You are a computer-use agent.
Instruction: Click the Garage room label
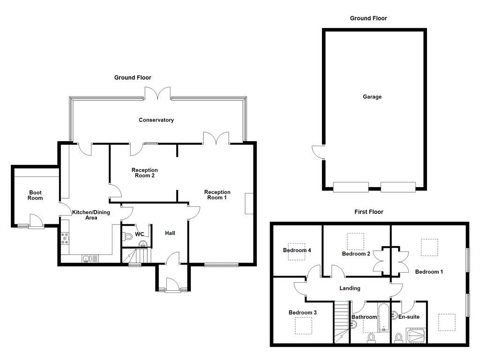tap(372, 97)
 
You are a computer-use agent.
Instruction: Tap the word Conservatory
tap(156, 120)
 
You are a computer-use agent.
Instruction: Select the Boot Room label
tap(35, 195)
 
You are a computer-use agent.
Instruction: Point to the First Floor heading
tap(368, 212)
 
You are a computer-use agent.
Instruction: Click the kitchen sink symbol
tap(90, 259)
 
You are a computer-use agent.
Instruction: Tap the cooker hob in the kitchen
tap(65, 238)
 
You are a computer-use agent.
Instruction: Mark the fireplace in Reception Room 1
tap(249, 203)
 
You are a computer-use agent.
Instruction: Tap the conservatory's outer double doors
tap(158, 93)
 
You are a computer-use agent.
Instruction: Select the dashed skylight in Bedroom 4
tap(296, 250)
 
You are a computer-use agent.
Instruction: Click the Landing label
tap(350, 288)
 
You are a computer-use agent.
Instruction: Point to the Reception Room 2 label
tap(144, 173)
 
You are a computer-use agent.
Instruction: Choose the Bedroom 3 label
tap(303, 313)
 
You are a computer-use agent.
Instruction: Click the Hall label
tap(170, 233)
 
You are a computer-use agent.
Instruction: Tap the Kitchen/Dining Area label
tap(91, 215)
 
